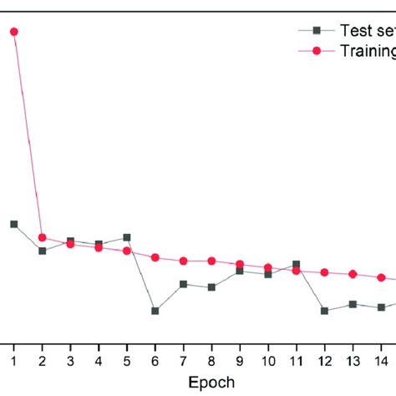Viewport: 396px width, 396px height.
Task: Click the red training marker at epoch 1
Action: tap(13, 32)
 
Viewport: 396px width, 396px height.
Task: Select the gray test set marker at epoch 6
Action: tap(155, 311)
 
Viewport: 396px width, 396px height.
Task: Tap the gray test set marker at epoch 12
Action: tap(325, 311)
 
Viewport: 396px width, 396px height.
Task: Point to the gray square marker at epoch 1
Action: tap(13, 224)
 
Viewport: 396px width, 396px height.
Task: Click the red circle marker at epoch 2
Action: tap(42, 237)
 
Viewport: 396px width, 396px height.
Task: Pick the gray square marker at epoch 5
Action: tap(127, 237)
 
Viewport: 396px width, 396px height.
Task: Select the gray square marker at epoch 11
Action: tap(297, 265)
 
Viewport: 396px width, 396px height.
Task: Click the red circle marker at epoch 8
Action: tap(212, 261)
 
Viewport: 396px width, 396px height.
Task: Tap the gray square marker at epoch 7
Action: tap(184, 284)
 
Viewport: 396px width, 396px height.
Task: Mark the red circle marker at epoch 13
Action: tap(353, 274)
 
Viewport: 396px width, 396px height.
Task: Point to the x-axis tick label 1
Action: tap(13, 360)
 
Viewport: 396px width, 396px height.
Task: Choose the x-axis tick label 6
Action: tap(155, 360)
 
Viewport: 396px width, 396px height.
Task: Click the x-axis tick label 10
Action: tap(268, 360)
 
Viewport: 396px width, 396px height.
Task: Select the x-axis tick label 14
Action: tap(381, 360)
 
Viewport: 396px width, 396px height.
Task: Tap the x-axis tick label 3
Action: tap(70, 360)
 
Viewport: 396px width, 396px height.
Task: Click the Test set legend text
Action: tap(367, 30)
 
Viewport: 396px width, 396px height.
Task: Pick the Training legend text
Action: tap(367, 52)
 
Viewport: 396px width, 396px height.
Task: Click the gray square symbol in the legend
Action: tap(316, 30)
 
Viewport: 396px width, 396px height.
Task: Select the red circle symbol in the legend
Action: tap(316, 52)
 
